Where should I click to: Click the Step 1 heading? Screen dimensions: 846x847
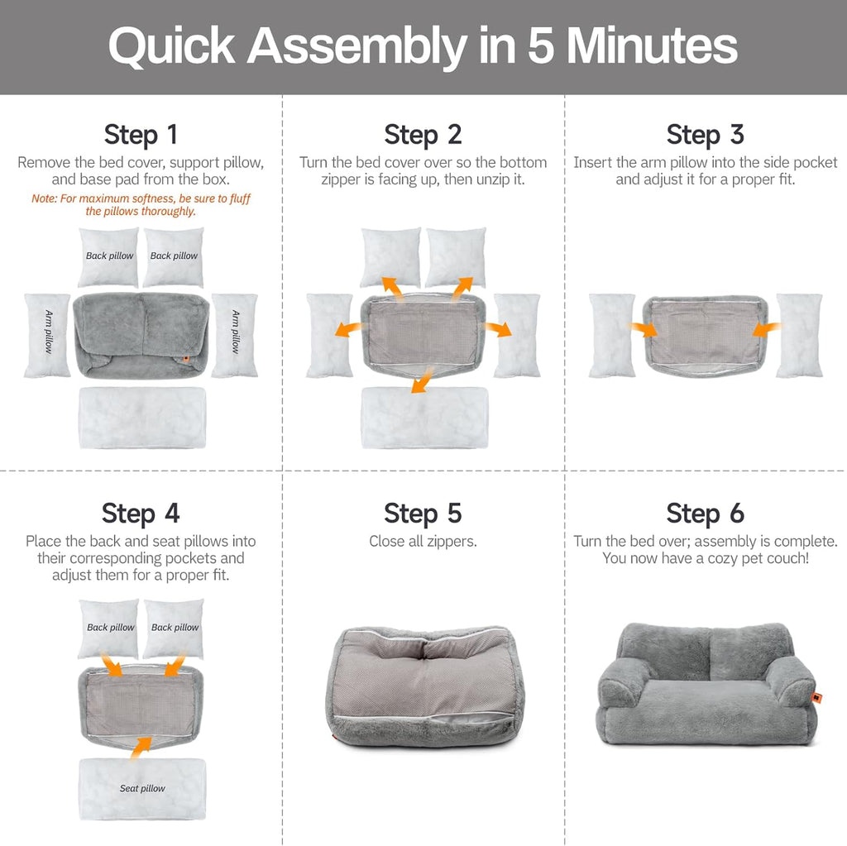pyautogui.click(x=141, y=134)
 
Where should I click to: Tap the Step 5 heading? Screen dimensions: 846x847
pyautogui.click(x=423, y=513)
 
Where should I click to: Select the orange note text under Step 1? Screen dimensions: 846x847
pyautogui.click(x=141, y=204)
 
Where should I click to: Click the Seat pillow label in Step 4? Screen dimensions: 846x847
pyautogui.click(x=142, y=788)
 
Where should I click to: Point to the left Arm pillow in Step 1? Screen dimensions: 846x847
pyautogui.click(x=47, y=335)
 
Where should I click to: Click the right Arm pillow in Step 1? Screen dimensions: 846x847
pyautogui.click(x=235, y=335)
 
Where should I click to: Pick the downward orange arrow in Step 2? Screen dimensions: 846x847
pyautogui.click(x=422, y=381)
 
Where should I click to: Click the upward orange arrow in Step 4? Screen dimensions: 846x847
pyautogui.click(x=142, y=747)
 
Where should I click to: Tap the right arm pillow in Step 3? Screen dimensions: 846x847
pyautogui.click(x=799, y=335)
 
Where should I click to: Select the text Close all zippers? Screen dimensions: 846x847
pyautogui.click(x=423, y=542)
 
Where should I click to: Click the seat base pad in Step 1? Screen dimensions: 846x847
pyautogui.click(x=142, y=418)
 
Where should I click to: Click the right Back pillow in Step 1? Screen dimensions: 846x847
pyautogui.click(x=174, y=256)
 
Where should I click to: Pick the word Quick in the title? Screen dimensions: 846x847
pyautogui.click(x=171, y=46)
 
